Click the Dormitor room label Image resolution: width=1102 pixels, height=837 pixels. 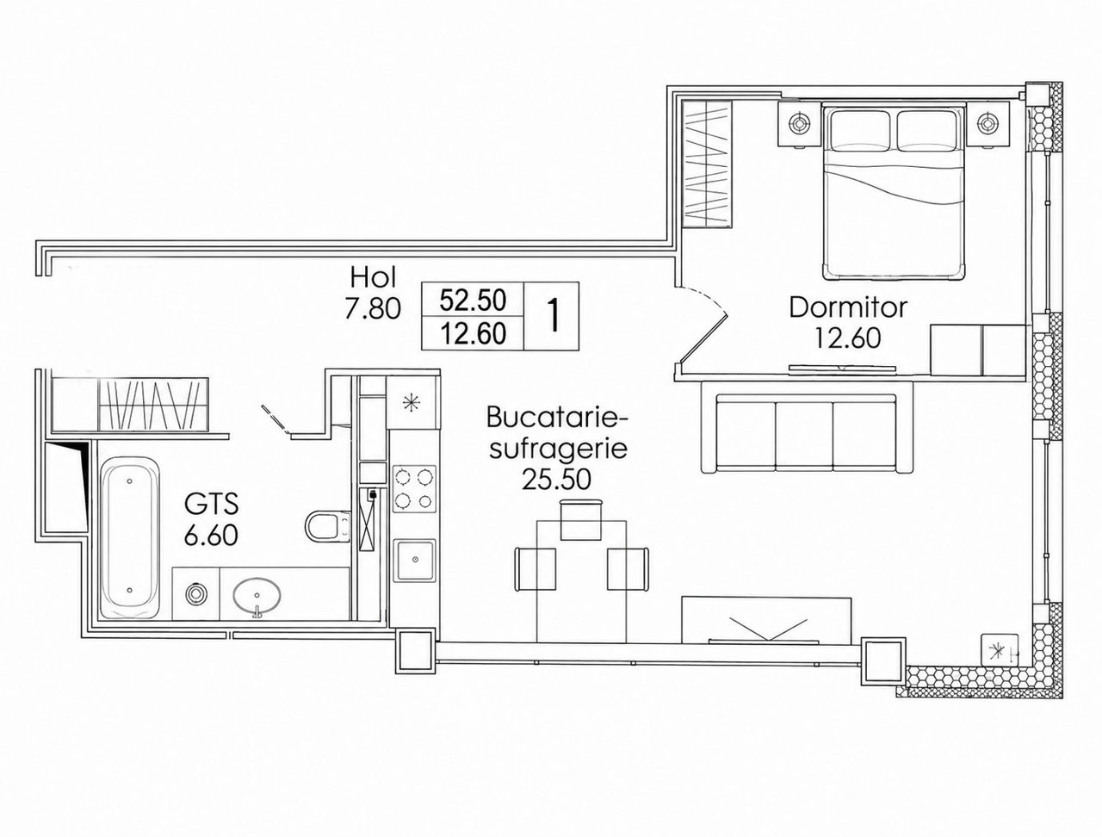pyautogui.click(x=848, y=307)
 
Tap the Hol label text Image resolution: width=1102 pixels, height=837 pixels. pyautogui.click(x=374, y=276)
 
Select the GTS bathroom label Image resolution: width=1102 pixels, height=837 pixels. pyautogui.click(x=211, y=504)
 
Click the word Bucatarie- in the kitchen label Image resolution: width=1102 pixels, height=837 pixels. pyautogui.click(x=557, y=418)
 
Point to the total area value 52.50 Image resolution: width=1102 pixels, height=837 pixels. pyautogui.click(x=473, y=301)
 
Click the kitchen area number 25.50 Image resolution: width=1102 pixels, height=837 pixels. pyautogui.click(x=556, y=480)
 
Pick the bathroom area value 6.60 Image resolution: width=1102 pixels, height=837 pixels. pyautogui.click(x=211, y=536)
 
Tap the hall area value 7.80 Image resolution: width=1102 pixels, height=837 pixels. pyautogui.click(x=373, y=309)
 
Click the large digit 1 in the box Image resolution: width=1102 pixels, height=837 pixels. pyautogui.click(x=553, y=315)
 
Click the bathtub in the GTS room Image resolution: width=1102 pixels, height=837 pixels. pyautogui.click(x=130, y=537)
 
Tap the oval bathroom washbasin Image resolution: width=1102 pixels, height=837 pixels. pyautogui.click(x=257, y=596)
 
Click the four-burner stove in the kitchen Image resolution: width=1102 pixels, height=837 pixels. pyautogui.click(x=414, y=488)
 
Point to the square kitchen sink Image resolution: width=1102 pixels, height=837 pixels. pyautogui.click(x=415, y=560)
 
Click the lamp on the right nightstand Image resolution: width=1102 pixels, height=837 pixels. pyautogui.click(x=988, y=123)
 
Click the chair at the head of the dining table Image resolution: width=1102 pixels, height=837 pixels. pyautogui.click(x=580, y=520)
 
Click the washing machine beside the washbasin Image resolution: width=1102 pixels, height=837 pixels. pyautogui.click(x=195, y=594)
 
